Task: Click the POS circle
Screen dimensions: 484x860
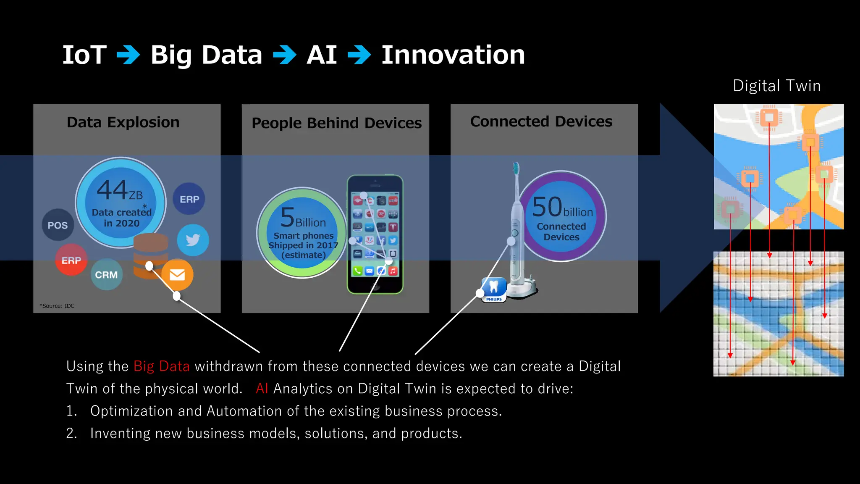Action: pos(58,225)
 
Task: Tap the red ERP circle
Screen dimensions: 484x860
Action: pos(71,260)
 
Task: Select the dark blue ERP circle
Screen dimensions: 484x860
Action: pos(189,199)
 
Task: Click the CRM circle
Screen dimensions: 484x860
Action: pos(106,275)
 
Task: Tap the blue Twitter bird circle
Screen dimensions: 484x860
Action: pos(193,240)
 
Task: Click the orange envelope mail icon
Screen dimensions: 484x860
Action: pos(177,275)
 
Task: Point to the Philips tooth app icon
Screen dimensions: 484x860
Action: pos(494,289)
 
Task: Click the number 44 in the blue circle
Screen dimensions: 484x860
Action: pos(112,190)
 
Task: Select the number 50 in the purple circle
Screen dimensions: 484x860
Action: pos(547,207)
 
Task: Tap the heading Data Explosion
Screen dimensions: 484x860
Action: pos(123,122)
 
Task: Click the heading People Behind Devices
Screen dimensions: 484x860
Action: pos(336,123)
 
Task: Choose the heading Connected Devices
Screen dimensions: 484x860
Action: pos(541,121)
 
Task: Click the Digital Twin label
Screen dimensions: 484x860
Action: pos(776,86)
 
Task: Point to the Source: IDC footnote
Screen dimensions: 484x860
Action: pos(57,306)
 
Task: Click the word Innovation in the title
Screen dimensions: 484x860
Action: pos(453,55)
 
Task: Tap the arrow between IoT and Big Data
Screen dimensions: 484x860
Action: pos(128,55)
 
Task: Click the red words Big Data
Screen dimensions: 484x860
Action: pos(162,366)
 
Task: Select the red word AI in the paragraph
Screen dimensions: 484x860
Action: pos(262,389)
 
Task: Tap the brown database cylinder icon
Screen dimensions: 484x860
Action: pos(150,255)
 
